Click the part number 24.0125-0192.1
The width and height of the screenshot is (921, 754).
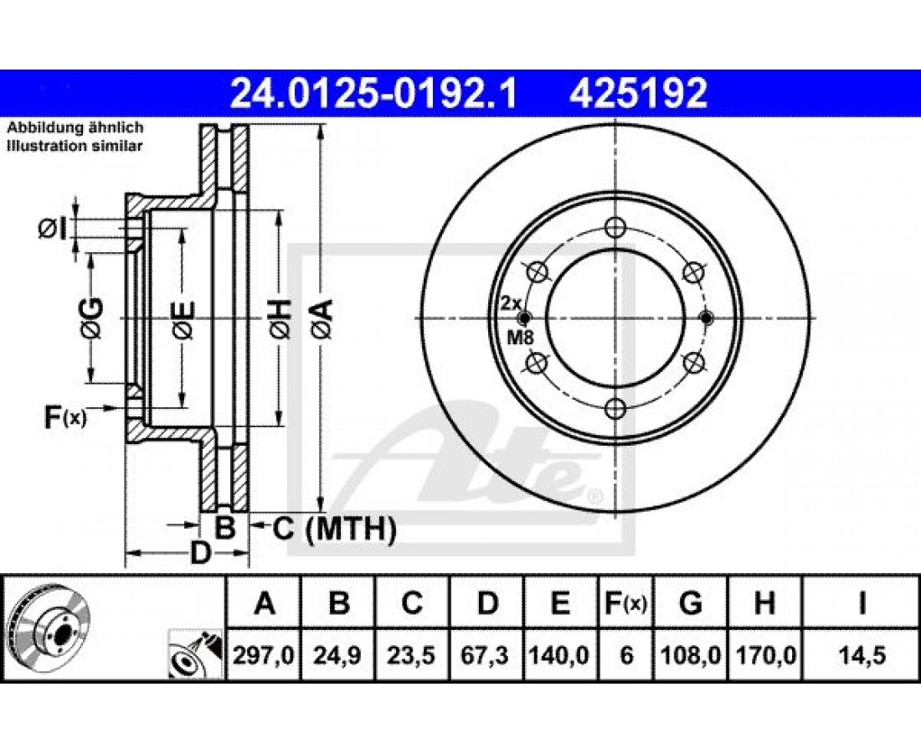(374, 93)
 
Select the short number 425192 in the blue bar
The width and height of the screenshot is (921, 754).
(638, 93)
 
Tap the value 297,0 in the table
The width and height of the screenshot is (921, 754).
(264, 654)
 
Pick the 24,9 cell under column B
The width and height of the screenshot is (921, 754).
(338, 654)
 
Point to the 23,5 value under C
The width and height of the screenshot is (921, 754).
(412, 654)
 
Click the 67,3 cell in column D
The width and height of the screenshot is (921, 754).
(486, 654)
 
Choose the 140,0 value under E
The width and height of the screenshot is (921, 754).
(560, 654)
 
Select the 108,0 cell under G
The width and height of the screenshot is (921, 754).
(691, 654)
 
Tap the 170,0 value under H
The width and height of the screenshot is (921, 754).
(764, 654)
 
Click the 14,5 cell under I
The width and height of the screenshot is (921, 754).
(861, 654)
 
